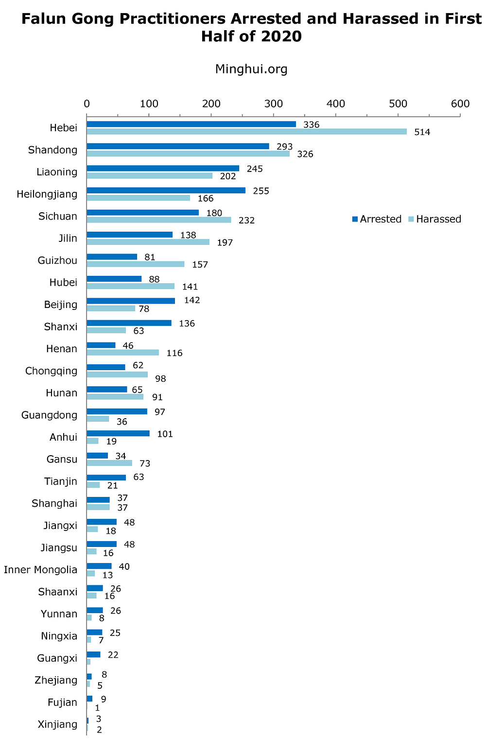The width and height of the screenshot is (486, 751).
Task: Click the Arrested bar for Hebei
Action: (x=191, y=124)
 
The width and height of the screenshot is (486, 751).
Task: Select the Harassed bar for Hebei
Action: (x=246, y=132)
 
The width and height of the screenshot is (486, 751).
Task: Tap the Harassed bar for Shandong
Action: (x=188, y=154)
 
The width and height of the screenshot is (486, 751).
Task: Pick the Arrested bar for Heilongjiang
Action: (x=166, y=190)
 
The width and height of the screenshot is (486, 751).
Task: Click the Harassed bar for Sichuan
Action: (x=159, y=220)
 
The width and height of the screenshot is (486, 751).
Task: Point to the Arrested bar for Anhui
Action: (x=118, y=433)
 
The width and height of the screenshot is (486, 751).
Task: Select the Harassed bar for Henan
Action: (x=122, y=352)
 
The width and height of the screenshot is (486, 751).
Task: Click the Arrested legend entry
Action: (x=377, y=219)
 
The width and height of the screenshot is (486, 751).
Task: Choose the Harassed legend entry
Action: (x=434, y=219)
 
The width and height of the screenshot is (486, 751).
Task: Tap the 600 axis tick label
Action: (x=460, y=103)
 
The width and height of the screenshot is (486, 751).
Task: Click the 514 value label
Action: (x=422, y=132)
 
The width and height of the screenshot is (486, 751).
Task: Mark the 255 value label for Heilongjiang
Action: (x=261, y=191)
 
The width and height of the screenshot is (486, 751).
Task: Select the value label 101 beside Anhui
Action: (x=165, y=434)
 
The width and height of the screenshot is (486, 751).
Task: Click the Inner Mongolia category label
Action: (x=40, y=570)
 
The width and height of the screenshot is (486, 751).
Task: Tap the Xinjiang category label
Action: (x=57, y=724)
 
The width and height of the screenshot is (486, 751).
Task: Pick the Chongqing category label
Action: (x=51, y=371)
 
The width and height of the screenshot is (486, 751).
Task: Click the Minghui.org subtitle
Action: (x=251, y=69)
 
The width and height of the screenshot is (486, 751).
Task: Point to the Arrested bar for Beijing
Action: (x=131, y=301)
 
